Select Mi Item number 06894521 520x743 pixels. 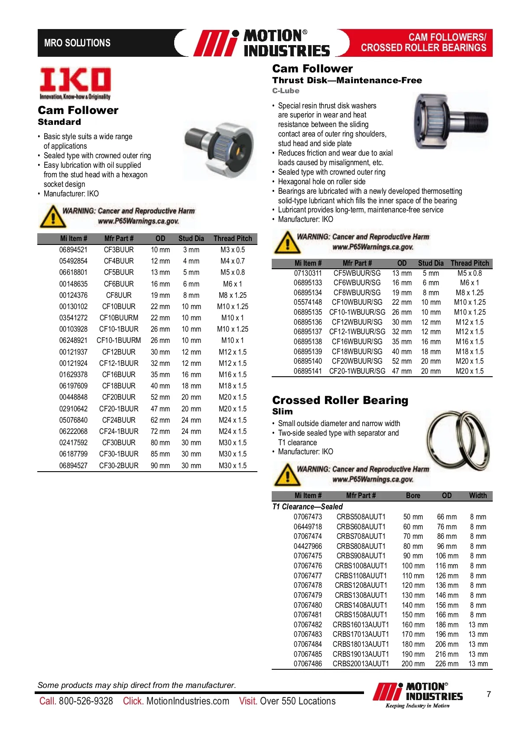tap(73, 250)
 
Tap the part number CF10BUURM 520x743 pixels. tap(119, 318)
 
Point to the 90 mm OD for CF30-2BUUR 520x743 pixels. tap(160, 466)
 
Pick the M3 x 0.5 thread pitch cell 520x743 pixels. tap(233, 250)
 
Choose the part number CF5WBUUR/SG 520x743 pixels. tap(357, 273)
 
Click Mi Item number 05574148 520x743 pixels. tap(308, 302)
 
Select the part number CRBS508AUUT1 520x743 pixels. tap(361, 517)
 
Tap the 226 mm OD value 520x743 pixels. tap(447, 664)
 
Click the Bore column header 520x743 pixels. tap(413, 495)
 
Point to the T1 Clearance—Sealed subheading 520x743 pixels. tap(307, 506)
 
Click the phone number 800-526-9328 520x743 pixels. tap(86, 701)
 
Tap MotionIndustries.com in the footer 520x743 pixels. tap(188, 701)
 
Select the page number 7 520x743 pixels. tap(489, 694)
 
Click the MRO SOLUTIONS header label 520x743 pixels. tap(77, 43)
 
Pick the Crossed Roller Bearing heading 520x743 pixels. tap(340, 400)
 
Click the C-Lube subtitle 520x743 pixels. tap(286, 91)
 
